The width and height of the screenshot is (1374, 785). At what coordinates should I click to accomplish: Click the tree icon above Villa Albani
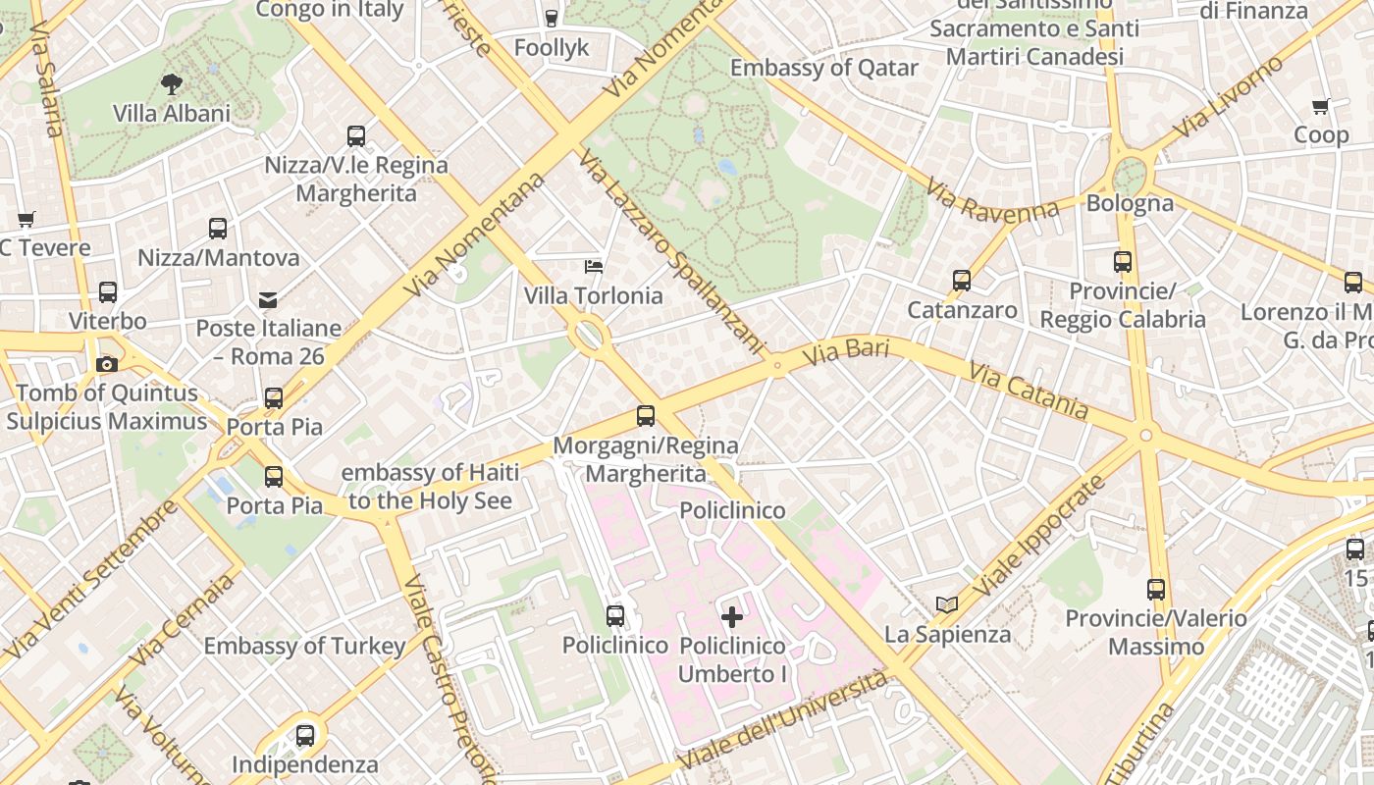172,84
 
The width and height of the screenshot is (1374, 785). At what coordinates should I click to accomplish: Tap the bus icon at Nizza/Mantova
218,229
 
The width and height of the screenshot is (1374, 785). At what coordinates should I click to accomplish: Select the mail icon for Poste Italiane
267,299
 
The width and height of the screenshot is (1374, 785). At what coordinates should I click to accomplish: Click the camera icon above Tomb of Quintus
107,364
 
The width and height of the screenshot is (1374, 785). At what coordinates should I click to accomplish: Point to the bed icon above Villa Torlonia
593,266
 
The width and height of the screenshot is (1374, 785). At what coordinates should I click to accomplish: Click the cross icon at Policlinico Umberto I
732,617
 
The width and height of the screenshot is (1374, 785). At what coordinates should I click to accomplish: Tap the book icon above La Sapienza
947,604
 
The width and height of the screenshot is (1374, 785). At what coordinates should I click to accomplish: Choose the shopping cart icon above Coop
1321,106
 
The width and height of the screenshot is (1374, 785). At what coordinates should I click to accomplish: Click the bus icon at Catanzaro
962,281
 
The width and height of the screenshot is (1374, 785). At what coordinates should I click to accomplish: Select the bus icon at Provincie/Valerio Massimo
1156,590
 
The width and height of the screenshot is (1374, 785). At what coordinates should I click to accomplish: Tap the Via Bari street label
845,351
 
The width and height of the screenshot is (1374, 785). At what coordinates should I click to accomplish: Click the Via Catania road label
1028,391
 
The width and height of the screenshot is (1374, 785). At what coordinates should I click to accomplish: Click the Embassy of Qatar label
823,68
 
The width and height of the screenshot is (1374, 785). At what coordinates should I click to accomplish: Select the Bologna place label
1130,203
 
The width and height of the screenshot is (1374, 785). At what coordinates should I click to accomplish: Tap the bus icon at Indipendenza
305,735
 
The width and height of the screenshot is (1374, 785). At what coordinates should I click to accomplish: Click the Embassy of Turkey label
304,646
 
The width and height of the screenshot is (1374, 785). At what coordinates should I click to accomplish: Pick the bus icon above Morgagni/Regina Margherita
646,416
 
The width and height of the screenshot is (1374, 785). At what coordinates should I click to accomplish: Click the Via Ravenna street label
992,197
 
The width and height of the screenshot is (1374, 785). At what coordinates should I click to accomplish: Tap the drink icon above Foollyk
551,18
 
